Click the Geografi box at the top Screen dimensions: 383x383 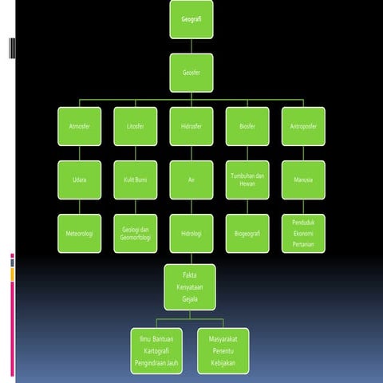(x=191, y=19)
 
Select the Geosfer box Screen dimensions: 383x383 (x=191, y=73)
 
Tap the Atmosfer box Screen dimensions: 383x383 (x=80, y=126)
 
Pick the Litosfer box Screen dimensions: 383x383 (x=136, y=126)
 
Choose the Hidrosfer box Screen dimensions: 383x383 (x=191, y=126)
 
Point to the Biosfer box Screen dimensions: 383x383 (x=247, y=126)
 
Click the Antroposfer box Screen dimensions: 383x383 (x=303, y=126)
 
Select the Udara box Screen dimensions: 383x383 (x=80, y=180)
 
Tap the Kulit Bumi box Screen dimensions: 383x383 (x=136, y=180)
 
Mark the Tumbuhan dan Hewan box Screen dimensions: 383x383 (x=247, y=180)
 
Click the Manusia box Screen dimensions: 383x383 (x=303, y=180)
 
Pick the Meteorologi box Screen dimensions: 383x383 (x=80, y=234)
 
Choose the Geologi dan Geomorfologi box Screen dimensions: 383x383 (x=136, y=234)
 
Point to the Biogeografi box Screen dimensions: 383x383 (x=247, y=234)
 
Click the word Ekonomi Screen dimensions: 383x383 (x=303, y=234)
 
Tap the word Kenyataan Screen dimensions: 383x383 (x=190, y=287)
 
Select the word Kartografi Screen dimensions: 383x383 (x=156, y=351)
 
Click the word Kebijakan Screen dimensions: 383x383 (x=223, y=363)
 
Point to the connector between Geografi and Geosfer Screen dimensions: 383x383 (x=191, y=46)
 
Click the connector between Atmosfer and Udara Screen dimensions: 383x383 (x=80, y=153)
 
